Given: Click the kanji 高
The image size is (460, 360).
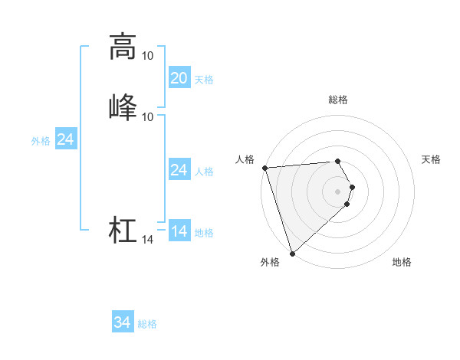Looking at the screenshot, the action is pyautogui.click(x=123, y=47).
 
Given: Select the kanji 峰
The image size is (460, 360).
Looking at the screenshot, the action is pyautogui.click(x=123, y=106).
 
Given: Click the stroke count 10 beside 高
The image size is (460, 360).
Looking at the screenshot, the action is pyautogui.click(x=148, y=56).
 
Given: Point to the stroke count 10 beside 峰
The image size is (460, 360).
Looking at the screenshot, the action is pyautogui.click(x=148, y=116).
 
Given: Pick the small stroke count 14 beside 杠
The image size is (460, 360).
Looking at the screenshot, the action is pyautogui.click(x=148, y=241).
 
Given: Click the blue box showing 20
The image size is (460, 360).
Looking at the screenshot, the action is pyautogui.click(x=179, y=78).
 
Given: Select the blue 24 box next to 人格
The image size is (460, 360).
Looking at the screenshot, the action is pyautogui.click(x=179, y=170).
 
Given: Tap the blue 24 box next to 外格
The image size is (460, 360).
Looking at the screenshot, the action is pyautogui.click(x=66, y=140).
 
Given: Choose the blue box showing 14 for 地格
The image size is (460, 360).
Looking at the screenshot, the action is pyautogui.click(x=179, y=231).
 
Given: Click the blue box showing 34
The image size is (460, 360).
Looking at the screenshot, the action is pyautogui.click(x=123, y=323).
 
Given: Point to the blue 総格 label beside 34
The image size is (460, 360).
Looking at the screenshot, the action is pyautogui.click(x=147, y=324).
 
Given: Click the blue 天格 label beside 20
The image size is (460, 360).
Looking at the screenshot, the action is pyautogui.click(x=204, y=79).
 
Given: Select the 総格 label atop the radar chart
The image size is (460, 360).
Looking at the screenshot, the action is pyautogui.click(x=338, y=100).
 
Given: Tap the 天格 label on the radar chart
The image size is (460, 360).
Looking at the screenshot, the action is pyautogui.click(x=431, y=159).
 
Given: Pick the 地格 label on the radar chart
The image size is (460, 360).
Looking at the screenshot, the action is pyautogui.click(x=402, y=263).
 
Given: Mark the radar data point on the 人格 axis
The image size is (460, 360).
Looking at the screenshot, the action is pyautogui.click(x=264, y=168).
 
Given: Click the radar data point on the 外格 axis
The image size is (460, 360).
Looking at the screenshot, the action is pyautogui.click(x=292, y=253).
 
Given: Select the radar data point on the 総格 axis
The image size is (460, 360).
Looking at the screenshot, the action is pyautogui.click(x=338, y=161).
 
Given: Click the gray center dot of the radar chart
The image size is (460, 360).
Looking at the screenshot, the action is pyautogui.click(x=338, y=191).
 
